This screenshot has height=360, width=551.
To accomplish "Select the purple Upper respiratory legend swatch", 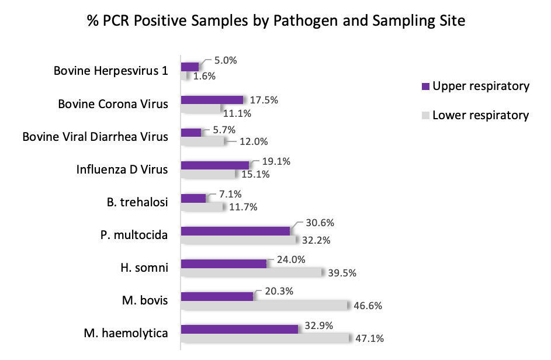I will [425, 87].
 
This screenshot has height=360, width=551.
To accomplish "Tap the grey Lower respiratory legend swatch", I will [425, 116].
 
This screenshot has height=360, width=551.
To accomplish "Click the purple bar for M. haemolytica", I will [240, 329].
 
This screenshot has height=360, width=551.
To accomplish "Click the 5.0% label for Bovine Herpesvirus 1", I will [224, 60].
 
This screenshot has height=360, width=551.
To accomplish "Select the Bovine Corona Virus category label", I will [113, 104].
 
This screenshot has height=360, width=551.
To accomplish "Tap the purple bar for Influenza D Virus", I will [214, 165].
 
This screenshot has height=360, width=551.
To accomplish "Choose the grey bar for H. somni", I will [252, 273].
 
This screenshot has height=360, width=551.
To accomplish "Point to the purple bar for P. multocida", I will [235, 231].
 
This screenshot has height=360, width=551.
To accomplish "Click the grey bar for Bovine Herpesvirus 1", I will [185, 75].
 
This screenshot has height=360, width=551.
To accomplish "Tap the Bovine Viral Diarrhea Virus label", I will [95, 137].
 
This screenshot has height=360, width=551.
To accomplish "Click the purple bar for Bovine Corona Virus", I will [212, 99].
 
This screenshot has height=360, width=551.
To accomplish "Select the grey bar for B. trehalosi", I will [202, 207].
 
